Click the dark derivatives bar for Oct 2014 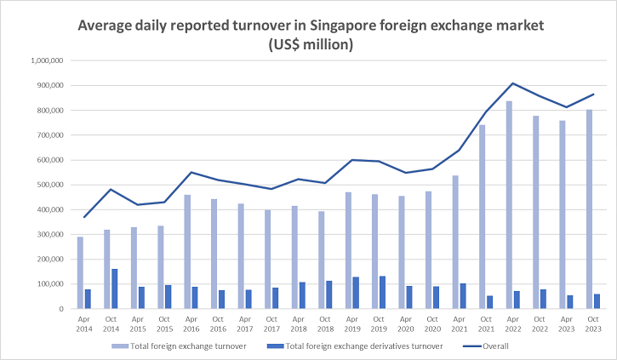pos(114,289)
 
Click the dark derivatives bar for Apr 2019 pos(356,293)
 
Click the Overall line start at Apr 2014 pos(83,217)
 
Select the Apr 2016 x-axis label pos(191,324)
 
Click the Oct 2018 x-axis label pos(325,324)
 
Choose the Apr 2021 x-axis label pos(459,324)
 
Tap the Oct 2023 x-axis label pos(593,324)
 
